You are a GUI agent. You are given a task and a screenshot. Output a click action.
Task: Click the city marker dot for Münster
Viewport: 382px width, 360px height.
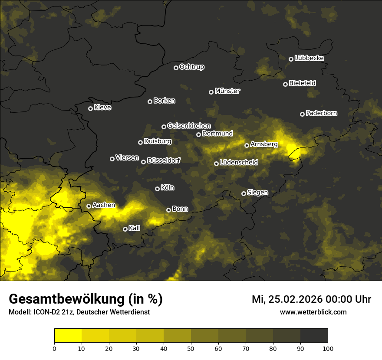click(211, 92)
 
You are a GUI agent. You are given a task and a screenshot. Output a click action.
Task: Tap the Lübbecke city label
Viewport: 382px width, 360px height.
click(309, 58)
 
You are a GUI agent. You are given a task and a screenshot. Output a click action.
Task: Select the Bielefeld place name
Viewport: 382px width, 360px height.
click(302, 83)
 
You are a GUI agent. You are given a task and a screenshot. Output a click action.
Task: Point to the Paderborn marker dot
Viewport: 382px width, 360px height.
click(302, 114)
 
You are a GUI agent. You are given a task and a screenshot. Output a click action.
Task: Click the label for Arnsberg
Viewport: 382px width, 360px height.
click(264, 144)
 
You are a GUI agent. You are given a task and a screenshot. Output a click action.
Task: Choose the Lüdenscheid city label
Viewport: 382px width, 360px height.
click(239, 162)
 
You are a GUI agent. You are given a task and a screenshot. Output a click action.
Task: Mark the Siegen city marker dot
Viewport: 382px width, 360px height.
click(244, 193)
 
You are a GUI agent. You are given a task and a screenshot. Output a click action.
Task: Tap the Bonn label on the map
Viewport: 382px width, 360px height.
click(180, 209)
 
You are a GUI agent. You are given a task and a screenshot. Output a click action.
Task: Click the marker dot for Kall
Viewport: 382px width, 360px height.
click(125, 229)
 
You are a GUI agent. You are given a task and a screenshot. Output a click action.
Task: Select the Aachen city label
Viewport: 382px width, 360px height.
click(104, 205)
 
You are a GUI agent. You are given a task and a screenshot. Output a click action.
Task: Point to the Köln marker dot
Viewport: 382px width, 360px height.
click(157, 189)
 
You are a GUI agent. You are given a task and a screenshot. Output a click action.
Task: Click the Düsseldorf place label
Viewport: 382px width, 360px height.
click(164, 160)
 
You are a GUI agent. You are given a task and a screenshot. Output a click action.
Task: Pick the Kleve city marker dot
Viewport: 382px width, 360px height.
click(90, 108)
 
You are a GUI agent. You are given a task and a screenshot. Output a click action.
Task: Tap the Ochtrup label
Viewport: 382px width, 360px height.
click(191, 67)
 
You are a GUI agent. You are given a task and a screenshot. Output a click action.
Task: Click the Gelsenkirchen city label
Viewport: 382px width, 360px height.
click(189, 126)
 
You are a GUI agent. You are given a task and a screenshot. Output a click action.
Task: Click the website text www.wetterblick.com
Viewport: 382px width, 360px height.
click(313, 312)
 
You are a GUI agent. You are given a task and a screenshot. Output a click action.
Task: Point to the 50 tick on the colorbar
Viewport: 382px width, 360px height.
click(191, 348)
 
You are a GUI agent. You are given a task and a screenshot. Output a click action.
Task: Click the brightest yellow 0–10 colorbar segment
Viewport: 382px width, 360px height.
click(68, 335)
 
